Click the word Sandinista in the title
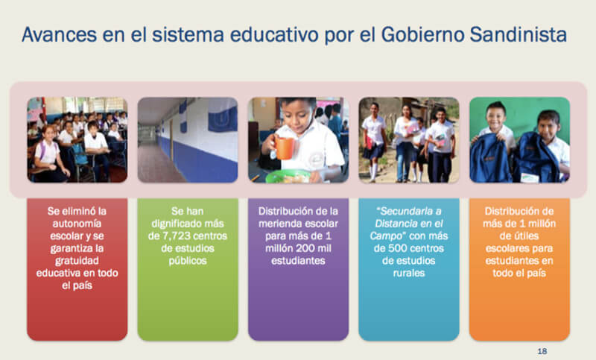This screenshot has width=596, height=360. pyautogui.click(x=518, y=34)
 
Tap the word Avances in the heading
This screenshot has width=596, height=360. pyautogui.click(x=60, y=34)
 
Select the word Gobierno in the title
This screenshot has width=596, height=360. pyautogui.click(x=422, y=34)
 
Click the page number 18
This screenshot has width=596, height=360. pyautogui.click(x=542, y=351)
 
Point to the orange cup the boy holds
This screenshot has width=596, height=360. pyautogui.click(x=284, y=147)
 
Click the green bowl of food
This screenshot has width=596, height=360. pyautogui.click(x=288, y=177)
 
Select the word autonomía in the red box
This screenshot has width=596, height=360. pyautogui.click(x=77, y=224)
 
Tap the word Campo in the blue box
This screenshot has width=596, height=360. pyautogui.click(x=386, y=236)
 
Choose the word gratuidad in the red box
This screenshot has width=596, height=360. pyautogui.click(x=77, y=261)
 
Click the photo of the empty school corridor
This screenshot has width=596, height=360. pyautogui.click(x=188, y=140)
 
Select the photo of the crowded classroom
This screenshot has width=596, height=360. pyautogui.click(x=77, y=140)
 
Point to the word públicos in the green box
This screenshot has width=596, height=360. pyautogui.click(x=188, y=261)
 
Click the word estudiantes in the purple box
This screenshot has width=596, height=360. pyautogui.click(x=299, y=261)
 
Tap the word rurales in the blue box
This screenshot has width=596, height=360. pyautogui.click(x=409, y=273)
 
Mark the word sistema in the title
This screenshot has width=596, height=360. pyautogui.click(x=188, y=34)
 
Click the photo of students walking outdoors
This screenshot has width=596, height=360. pyautogui.click(x=409, y=140)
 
